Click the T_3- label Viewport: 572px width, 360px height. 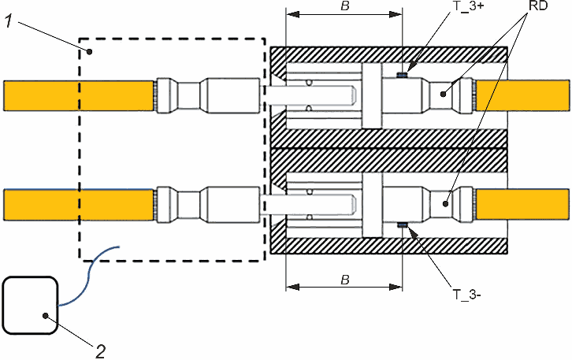coord(466,294)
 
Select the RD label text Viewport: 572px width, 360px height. coord(538,6)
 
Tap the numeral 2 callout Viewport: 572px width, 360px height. coord(101,351)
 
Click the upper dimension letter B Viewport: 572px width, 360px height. coord(345,6)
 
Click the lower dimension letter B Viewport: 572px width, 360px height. coord(345,280)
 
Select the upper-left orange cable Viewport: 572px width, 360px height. coord(79,95)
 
